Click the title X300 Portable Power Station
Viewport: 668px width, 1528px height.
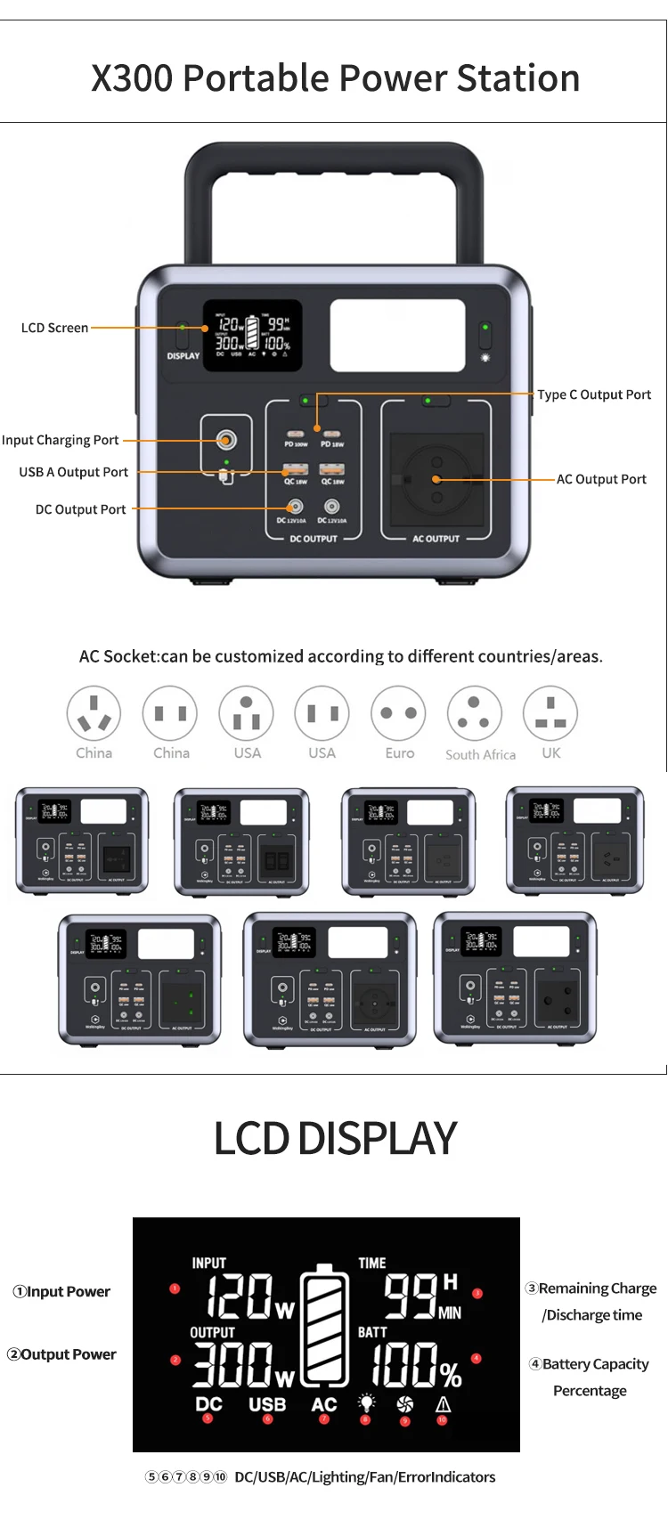(x=335, y=78)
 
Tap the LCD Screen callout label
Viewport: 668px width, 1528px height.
(x=54, y=328)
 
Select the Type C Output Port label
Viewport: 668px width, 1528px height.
(x=594, y=394)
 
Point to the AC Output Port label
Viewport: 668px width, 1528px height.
(x=601, y=479)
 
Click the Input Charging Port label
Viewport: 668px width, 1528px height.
(x=61, y=440)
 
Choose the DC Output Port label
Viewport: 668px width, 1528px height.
(x=80, y=509)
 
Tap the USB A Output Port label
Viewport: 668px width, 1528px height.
(x=73, y=472)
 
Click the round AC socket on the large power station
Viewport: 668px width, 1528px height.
(x=436, y=479)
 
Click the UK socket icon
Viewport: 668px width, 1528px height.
(x=550, y=713)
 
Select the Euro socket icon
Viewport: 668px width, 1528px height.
(x=399, y=713)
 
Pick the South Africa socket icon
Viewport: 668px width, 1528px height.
(x=474, y=713)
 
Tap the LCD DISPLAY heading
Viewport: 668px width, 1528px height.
(x=335, y=1138)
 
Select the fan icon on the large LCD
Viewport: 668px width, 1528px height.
(x=405, y=1404)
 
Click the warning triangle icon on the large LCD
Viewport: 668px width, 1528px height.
(x=443, y=1404)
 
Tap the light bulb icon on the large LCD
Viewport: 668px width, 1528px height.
(x=366, y=1403)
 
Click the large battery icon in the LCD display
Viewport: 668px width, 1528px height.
(x=325, y=1327)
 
